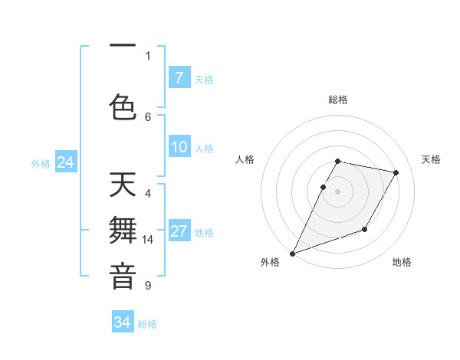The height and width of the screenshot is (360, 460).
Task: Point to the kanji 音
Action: tap(123, 277)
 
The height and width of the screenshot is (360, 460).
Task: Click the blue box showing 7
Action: tap(179, 77)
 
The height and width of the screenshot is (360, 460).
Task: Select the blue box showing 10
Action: tap(179, 147)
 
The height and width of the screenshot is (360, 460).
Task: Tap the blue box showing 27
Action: tap(179, 231)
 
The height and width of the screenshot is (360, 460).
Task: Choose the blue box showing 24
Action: tap(66, 162)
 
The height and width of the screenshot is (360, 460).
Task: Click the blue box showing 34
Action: tap(123, 322)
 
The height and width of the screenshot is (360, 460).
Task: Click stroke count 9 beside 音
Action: tap(148, 286)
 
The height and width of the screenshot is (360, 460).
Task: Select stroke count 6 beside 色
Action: tap(148, 116)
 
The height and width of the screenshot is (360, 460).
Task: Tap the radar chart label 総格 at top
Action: tap(338, 100)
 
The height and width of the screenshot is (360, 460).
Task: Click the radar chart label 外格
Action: tap(270, 262)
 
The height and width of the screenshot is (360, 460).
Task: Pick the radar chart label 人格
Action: tap(245, 159)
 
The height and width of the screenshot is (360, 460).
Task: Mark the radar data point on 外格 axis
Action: tap(292, 254)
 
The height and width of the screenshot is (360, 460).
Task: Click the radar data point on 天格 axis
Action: tap(396, 172)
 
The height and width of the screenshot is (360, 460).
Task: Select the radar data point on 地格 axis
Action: tap(365, 229)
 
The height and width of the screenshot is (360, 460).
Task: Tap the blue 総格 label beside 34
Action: tap(147, 324)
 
